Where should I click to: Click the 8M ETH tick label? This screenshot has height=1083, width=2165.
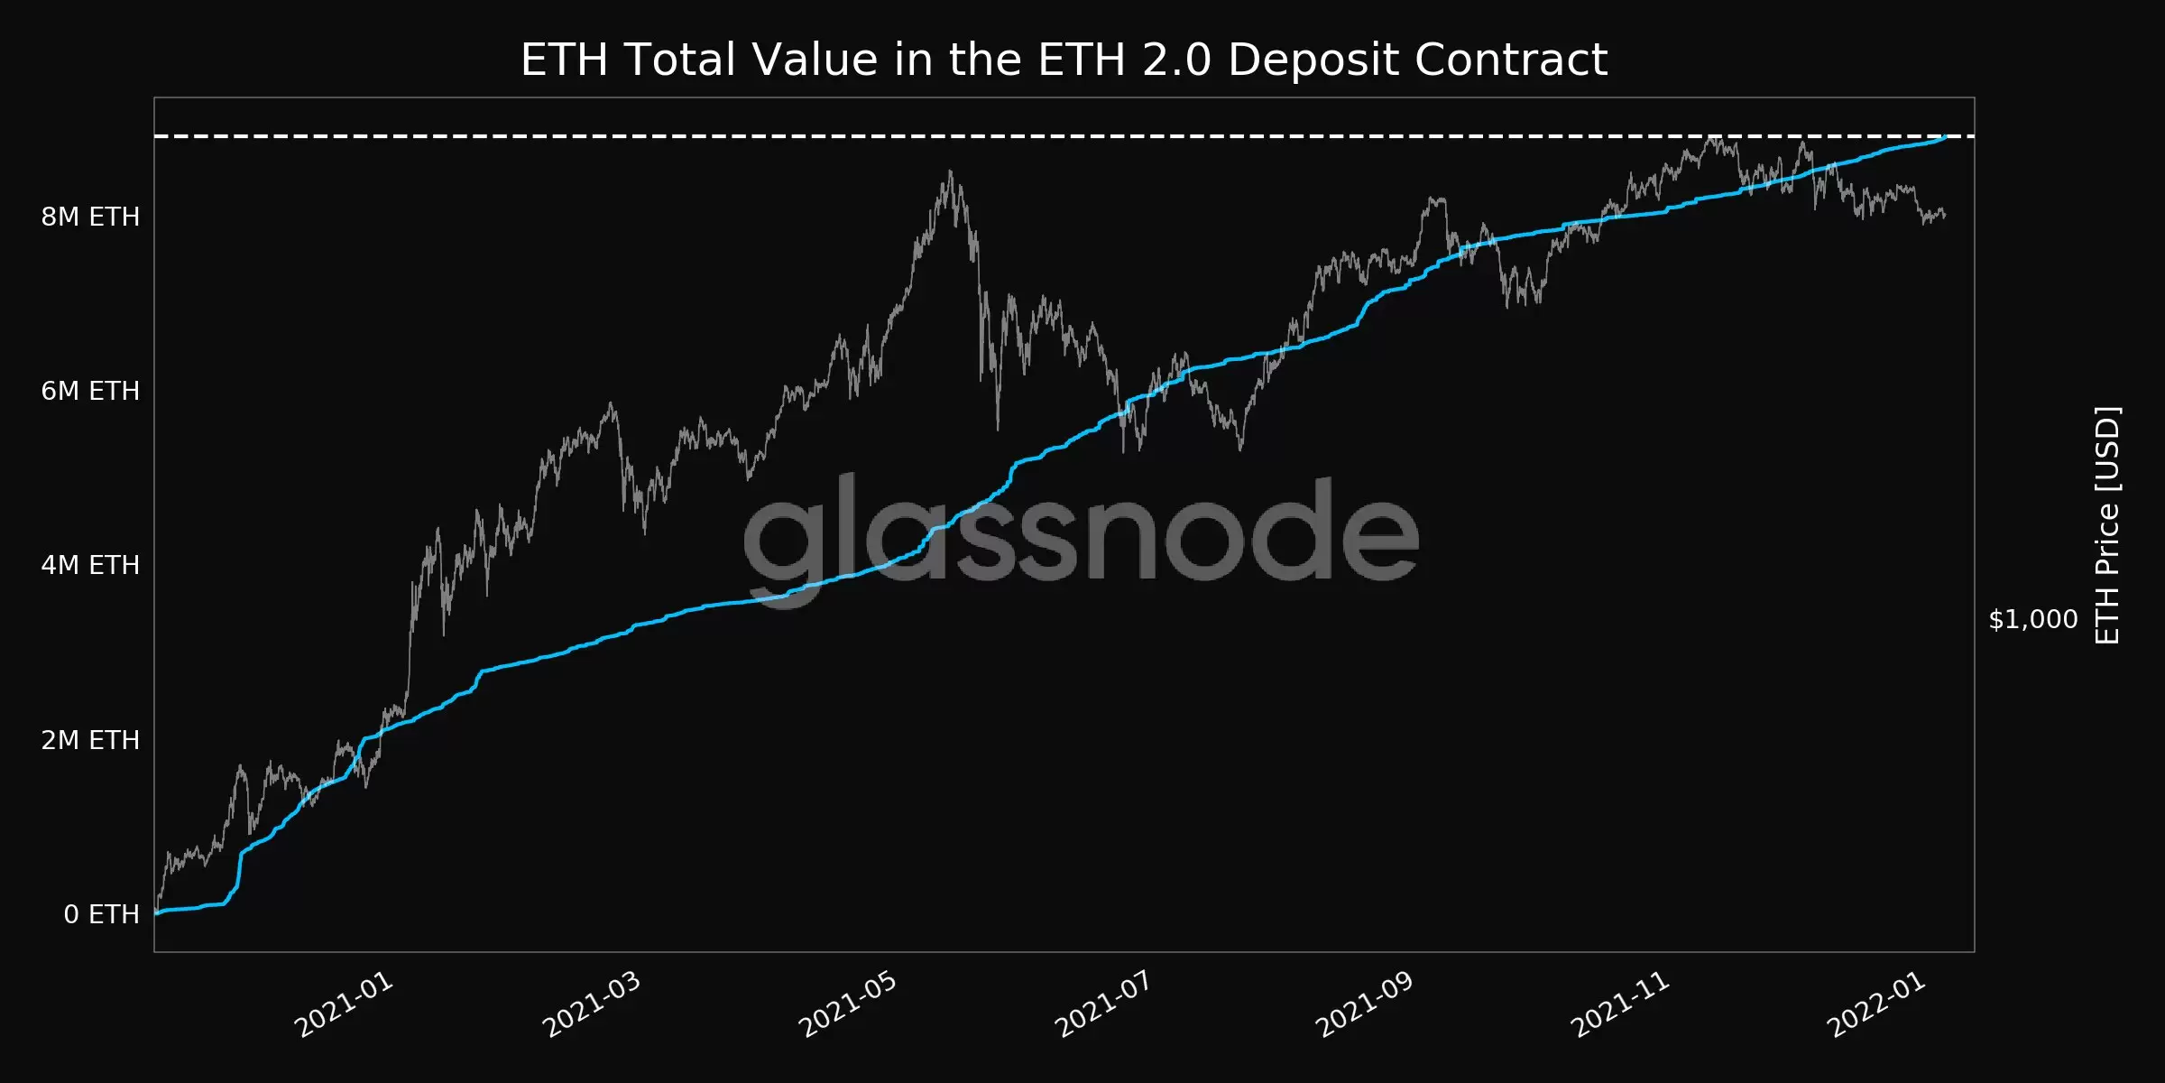[90, 217]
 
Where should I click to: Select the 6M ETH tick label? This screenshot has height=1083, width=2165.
[90, 391]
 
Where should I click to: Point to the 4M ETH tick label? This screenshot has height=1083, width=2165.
[90, 565]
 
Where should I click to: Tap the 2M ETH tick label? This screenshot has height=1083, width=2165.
[90, 740]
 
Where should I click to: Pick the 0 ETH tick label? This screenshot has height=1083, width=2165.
[101, 914]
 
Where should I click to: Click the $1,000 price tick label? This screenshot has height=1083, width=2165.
[2033, 619]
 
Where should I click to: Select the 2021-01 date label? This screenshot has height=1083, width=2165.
[345, 1004]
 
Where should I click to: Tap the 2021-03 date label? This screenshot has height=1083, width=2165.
[592, 1004]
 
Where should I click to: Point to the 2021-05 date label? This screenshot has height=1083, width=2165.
[848, 1004]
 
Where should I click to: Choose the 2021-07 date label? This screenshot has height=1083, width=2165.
[1103, 1004]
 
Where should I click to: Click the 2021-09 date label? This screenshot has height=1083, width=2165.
[1364, 1004]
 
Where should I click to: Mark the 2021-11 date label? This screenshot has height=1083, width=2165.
[1620, 1004]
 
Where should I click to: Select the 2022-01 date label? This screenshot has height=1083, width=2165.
[1876, 1004]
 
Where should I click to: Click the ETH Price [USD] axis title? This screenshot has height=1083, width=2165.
[2107, 525]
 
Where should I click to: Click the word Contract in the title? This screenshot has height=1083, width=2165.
[1511, 60]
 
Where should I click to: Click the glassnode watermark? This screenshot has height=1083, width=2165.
[1081, 532]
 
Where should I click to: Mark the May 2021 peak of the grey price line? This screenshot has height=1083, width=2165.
[950, 171]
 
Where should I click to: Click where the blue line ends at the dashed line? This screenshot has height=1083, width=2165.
[1945, 137]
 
